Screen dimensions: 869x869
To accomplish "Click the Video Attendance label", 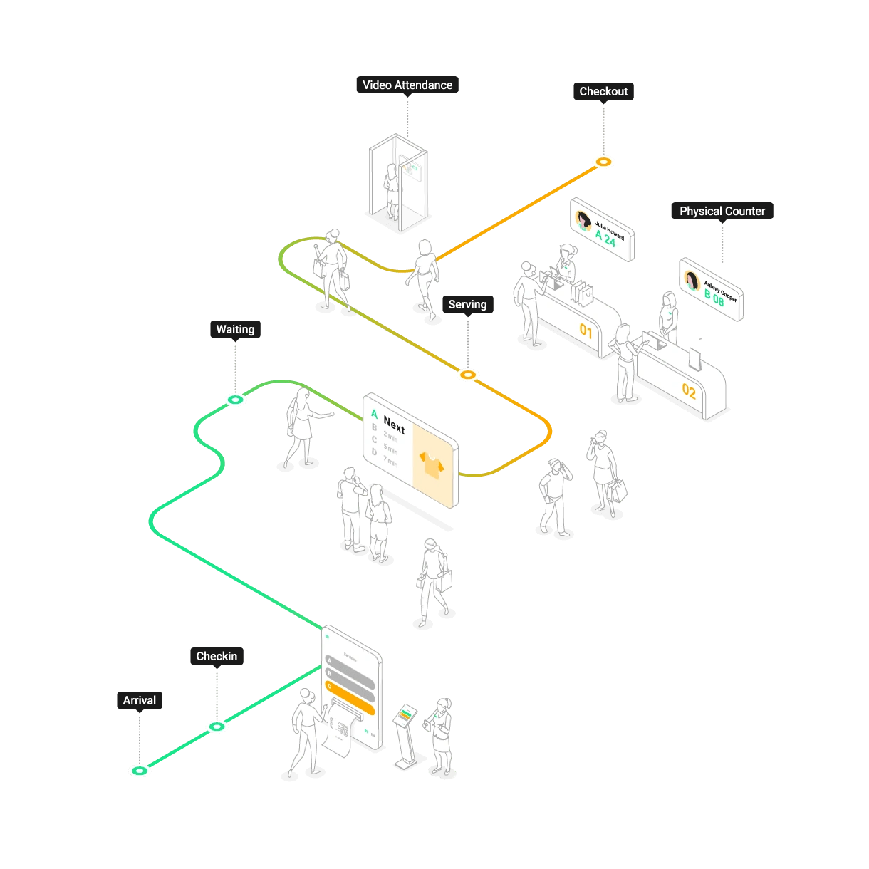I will pos(407,85).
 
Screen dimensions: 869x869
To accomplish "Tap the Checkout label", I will pos(603,92).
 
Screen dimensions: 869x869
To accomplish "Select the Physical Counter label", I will pos(722,212).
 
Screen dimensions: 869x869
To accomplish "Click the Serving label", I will pos(467,305).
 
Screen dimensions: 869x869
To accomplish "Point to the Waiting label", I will pos(235,330).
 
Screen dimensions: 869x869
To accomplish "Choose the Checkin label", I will pos(217,656).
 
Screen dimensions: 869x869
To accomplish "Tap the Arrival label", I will pos(140,700).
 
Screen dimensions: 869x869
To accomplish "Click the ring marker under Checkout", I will pos(604,162).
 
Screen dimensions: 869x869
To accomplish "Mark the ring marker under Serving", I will pos(468,374).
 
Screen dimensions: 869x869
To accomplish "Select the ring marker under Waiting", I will pos(235,401).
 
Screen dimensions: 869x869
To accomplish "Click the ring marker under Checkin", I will pos(217,726).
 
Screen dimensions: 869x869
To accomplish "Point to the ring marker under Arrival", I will pos(140,771).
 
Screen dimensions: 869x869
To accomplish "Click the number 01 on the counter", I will pos(586,331).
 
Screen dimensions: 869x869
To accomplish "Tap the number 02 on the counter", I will pos(689,391).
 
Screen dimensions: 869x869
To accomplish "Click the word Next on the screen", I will pos(394,425).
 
